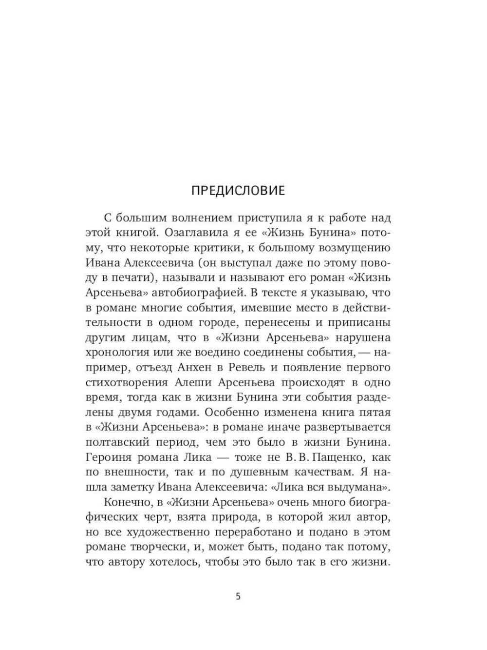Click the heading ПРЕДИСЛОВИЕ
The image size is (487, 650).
coord(238,190)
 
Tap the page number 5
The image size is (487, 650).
coord(238,596)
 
